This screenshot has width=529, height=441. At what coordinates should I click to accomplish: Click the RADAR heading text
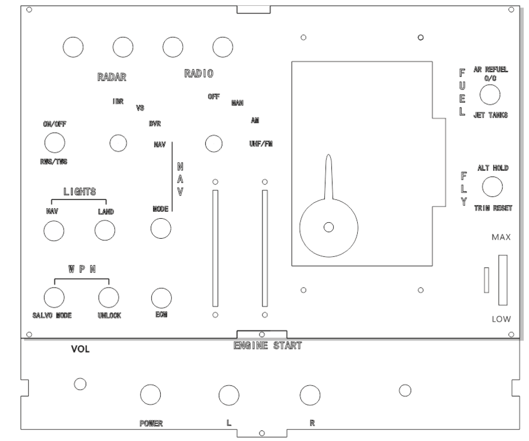coord(112,77)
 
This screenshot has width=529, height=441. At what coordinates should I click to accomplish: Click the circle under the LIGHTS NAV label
coord(54,231)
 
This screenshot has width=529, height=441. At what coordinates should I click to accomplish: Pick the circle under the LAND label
coord(104,231)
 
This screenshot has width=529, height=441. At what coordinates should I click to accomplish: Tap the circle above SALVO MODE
coord(54,296)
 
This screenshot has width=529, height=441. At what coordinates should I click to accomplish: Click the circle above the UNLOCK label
coord(109,296)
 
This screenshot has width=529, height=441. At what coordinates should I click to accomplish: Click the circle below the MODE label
coord(161,228)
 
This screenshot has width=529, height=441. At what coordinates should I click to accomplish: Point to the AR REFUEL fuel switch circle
coord(490,95)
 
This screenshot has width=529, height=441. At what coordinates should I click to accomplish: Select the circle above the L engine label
coord(228,396)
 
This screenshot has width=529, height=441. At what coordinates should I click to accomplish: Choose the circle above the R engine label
coord(310,396)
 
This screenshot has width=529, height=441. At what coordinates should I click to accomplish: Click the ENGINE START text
coord(267,346)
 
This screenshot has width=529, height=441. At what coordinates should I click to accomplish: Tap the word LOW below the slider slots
coord(501,319)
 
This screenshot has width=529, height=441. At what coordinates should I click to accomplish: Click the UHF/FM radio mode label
coord(261,143)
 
